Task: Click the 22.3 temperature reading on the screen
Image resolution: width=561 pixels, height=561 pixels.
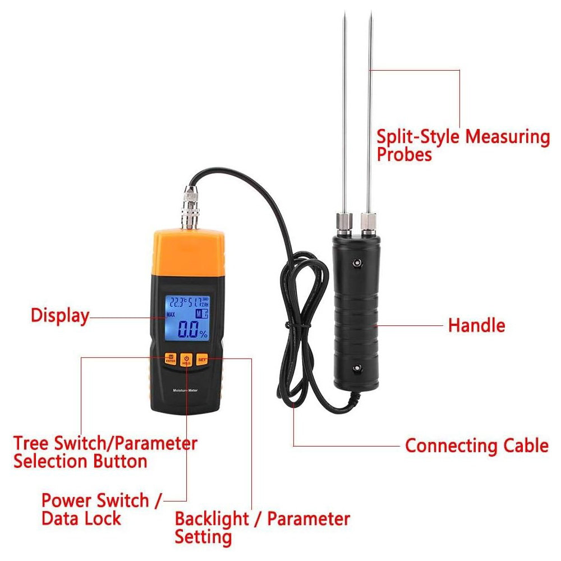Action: click(178, 301)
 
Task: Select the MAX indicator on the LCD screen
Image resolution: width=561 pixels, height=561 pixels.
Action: click(171, 314)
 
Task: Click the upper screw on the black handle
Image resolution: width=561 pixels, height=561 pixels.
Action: click(356, 261)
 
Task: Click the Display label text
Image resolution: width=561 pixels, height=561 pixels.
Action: click(60, 315)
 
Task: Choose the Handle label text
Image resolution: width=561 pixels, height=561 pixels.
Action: click(476, 325)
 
